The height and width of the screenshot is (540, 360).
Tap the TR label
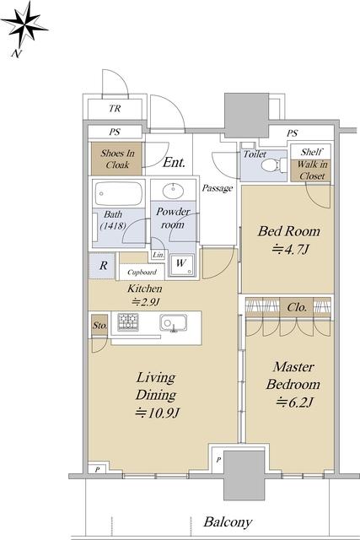(115, 109)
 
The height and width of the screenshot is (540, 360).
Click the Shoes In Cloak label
(117, 159)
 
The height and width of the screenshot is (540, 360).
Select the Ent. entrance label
(175, 162)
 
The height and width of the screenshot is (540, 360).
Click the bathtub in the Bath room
(118, 193)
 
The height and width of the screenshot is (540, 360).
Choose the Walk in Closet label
(312, 170)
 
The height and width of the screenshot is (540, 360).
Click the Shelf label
(311, 152)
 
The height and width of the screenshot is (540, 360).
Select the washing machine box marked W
(181, 264)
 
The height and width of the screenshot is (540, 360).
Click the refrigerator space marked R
(103, 266)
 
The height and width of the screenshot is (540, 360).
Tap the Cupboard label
(142, 272)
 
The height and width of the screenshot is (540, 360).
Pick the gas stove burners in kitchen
(127, 322)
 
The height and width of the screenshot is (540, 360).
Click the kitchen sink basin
(174, 322)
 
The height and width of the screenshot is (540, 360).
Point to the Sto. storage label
(99, 325)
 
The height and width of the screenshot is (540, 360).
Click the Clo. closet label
(297, 307)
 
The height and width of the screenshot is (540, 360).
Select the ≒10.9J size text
(158, 413)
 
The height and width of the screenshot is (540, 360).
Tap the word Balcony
(228, 522)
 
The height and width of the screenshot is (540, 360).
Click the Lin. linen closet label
(159, 255)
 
